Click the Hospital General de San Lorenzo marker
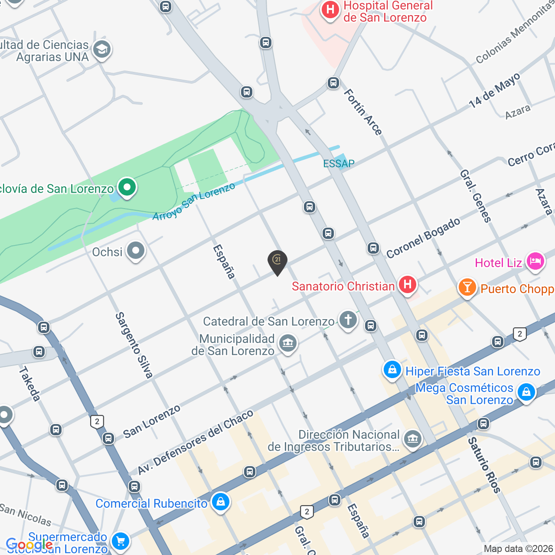coord(330,10)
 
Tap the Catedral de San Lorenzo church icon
coord(348,320)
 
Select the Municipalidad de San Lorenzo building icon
coord(287,343)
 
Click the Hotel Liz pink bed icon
coord(535,261)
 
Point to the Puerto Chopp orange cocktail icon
coord(467,287)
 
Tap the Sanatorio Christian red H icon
coord(407,285)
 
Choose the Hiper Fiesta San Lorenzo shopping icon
coord(392,370)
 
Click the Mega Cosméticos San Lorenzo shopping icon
coord(526,392)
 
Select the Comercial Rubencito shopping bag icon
coord(220,502)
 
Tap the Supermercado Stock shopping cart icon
coord(120,541)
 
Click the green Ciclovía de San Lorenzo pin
coord(127,188)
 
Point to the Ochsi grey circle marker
coord(136,251)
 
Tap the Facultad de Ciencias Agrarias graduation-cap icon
coord(102,49)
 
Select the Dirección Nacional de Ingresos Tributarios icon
coord(412,439)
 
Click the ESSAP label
coord(339,163)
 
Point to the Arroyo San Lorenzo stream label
coord(194,201)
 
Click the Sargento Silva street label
coord(134,345)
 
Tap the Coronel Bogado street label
coord(423,238)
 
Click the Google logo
coord(29,544)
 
